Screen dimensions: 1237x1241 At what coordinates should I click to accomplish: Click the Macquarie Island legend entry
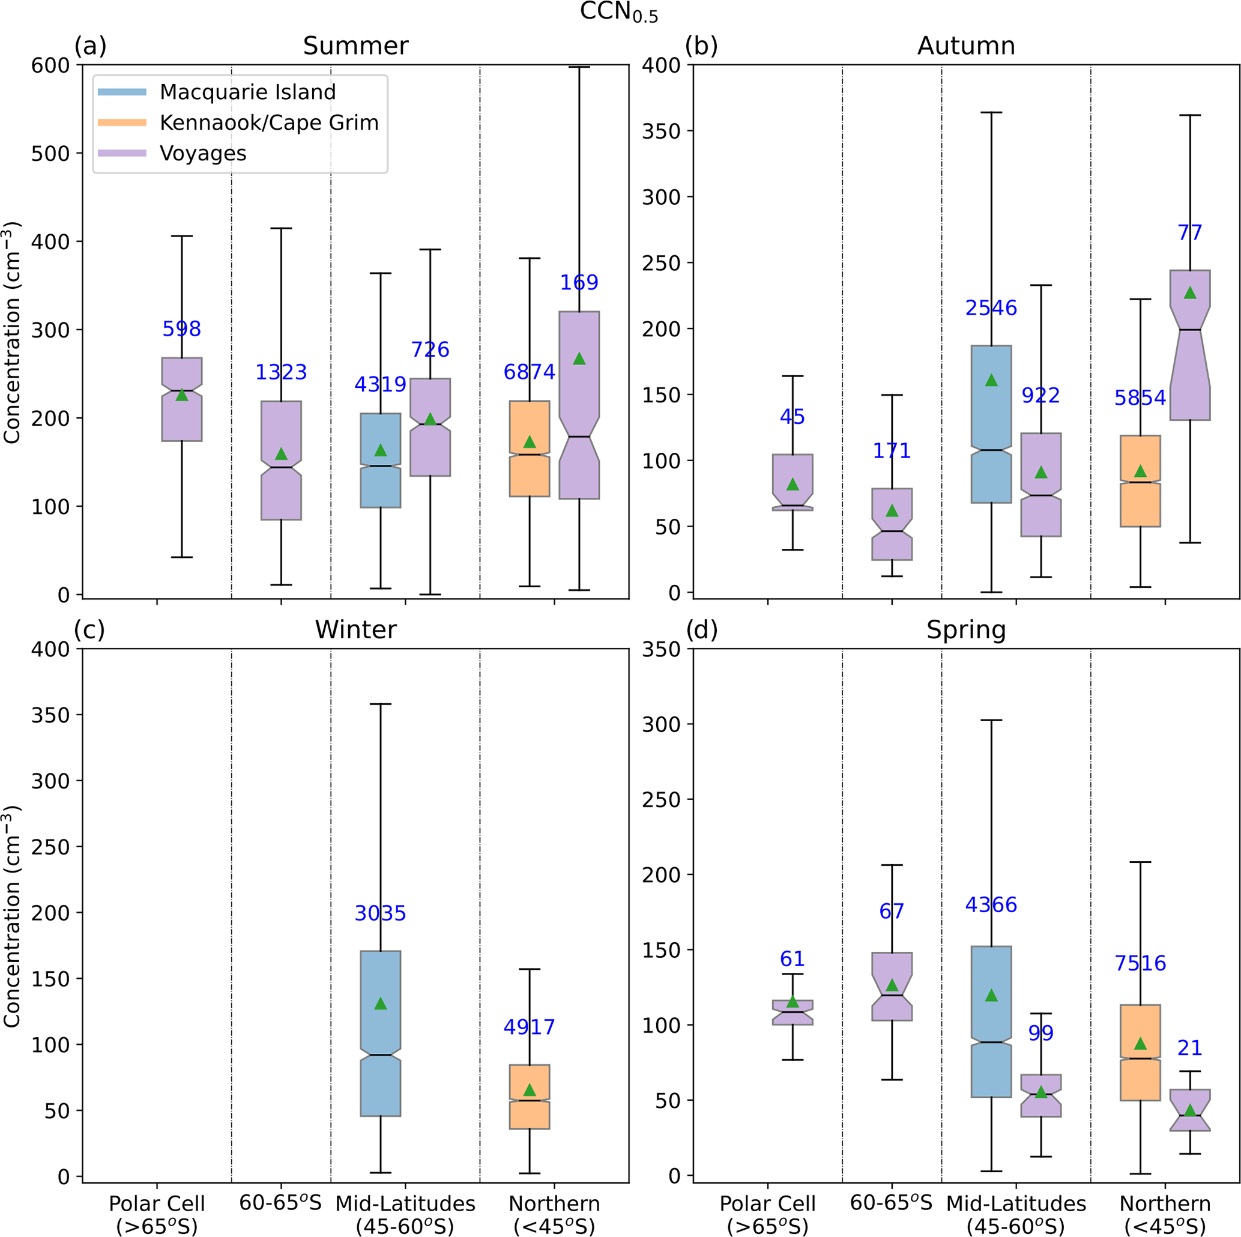[247, 92]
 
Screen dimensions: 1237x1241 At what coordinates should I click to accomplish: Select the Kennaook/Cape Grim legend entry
[268, 122]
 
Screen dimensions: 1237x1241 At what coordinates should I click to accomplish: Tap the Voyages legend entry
[203, 154]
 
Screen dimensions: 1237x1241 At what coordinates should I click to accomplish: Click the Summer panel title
[355, 46]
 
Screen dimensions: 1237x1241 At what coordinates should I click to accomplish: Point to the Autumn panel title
[966, 46]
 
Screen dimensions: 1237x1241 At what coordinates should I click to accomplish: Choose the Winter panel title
[355, 630]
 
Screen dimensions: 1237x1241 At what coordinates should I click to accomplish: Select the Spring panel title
[966, 630]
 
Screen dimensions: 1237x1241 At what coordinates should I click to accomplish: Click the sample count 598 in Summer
[182, 329]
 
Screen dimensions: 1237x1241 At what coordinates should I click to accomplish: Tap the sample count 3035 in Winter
[380, 913]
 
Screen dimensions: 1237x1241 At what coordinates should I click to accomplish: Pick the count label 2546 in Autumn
[991, 309]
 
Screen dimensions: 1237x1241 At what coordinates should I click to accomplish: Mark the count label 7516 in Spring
[1140, 963]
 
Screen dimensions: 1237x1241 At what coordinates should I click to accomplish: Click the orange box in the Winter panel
[530, 1097]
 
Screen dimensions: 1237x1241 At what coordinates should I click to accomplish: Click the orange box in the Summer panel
[530, 449]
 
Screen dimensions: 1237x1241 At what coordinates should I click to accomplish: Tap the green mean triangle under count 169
[579, 358]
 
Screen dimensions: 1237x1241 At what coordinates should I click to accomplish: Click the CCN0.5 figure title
[619, 13]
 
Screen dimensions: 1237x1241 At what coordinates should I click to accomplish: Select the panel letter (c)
[89, 630]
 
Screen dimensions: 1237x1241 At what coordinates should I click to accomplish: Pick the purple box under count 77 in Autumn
[1190, 345]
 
